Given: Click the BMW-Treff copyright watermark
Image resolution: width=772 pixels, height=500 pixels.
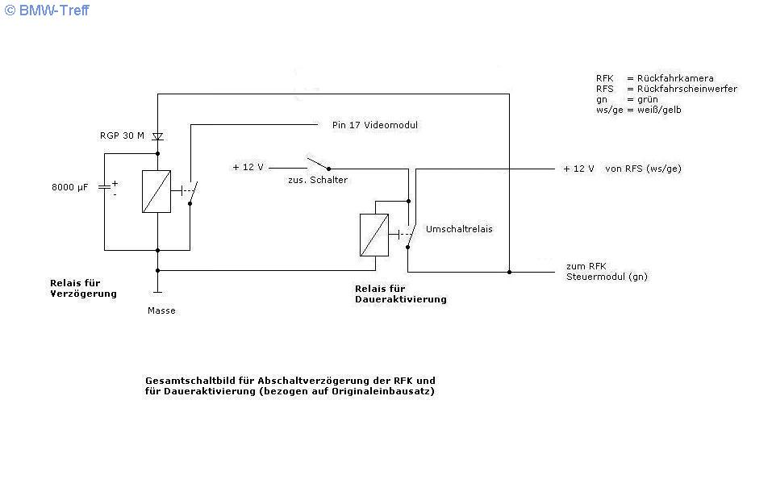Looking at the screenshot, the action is [47, 10].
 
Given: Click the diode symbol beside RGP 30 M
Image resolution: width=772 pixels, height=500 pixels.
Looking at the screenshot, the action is [157, 136].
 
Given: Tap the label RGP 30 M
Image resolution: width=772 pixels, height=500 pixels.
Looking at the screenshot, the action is [122, 135].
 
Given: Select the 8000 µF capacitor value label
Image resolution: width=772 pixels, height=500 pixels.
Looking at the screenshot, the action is [70, 187].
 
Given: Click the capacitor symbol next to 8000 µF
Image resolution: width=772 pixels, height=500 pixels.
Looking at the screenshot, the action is [104, 187].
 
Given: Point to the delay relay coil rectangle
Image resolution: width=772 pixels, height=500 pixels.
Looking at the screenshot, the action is [156, 191].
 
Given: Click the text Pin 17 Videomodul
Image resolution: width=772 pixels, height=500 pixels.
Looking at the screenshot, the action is [374, 125].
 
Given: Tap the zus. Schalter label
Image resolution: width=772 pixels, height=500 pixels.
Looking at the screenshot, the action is [318, 180].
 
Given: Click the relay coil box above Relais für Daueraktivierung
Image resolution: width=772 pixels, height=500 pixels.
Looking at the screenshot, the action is [374, 235].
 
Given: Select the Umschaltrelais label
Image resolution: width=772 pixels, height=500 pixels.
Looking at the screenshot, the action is [459, 229].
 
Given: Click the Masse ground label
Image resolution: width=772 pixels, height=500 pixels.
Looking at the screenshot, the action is [161, 310].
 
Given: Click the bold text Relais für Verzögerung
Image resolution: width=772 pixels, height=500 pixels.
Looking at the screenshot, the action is [83, 289].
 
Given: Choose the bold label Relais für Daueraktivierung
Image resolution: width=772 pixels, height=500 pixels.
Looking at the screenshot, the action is [401, 294].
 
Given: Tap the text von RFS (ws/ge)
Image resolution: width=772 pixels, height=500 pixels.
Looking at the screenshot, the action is [643, 169].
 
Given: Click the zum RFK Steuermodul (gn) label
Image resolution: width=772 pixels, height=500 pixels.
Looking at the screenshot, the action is [607, 271].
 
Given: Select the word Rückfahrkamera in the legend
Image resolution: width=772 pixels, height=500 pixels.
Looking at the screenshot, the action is [675, 78].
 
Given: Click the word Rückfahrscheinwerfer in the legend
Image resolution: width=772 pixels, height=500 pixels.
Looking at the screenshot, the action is [686, 89].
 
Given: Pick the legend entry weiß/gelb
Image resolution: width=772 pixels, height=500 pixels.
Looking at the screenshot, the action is [659, 110].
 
